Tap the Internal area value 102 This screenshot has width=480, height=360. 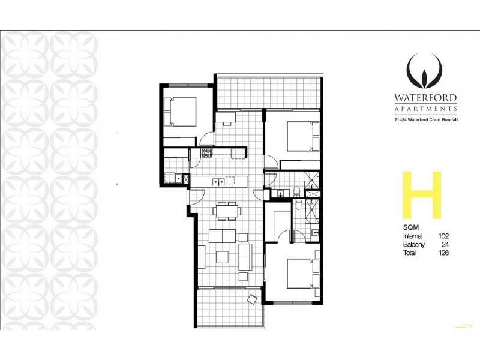(443, 236)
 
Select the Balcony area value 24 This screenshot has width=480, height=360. (445, 245)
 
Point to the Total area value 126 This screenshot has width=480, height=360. (443, 253)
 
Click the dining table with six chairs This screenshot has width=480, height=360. (227, 210)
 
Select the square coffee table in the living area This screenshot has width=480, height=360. (222, 257)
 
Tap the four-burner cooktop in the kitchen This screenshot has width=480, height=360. (207, 154)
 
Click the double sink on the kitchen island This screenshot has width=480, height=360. (219, 180)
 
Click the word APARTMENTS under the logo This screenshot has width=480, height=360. (425, 109)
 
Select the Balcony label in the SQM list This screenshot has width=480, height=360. (414, 245)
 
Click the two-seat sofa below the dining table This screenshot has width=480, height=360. (222, 235)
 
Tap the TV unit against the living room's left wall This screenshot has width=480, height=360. (202, 257)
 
